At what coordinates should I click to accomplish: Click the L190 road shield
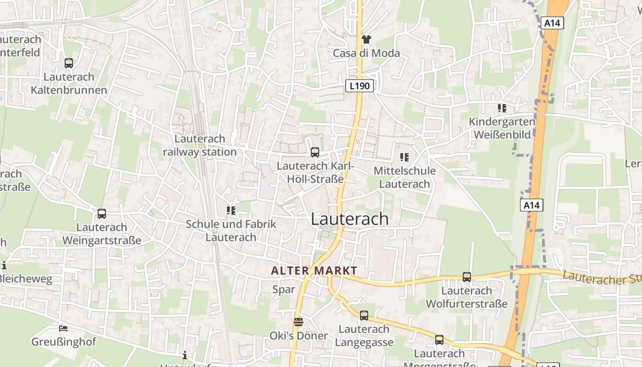(x=360, y=85)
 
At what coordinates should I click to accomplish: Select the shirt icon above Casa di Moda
(x=366, y=39)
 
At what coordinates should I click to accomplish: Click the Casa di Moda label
(x=366, y=53)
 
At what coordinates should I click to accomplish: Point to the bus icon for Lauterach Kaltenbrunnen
(x=69, y=63)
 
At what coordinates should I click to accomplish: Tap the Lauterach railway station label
(x=200, y=145)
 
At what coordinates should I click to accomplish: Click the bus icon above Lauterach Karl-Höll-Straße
(x=315, y=152)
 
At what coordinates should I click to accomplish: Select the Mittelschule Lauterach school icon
(x=404, y=157)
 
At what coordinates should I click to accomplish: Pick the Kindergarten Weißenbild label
(x=502, y=128)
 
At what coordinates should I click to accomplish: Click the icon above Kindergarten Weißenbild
(x=502, y=108)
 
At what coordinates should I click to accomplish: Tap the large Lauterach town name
(x=350, y=219)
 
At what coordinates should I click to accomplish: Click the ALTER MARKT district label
(x=314, y=271)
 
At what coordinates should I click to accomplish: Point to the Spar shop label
(x=284, y=289)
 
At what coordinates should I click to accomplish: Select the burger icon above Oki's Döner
(x=299, y=322)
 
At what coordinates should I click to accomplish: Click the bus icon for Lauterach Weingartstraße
(x=102, y=213)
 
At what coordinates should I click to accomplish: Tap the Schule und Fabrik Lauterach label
(x=231, y=231)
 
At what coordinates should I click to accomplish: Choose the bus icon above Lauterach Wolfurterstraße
(x=466, y=277)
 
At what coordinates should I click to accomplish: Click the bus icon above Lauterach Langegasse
(x=364, y=315)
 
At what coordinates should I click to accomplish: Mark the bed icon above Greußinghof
(x=63, y=328)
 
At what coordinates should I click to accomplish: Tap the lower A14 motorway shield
(x=531, y=205)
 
